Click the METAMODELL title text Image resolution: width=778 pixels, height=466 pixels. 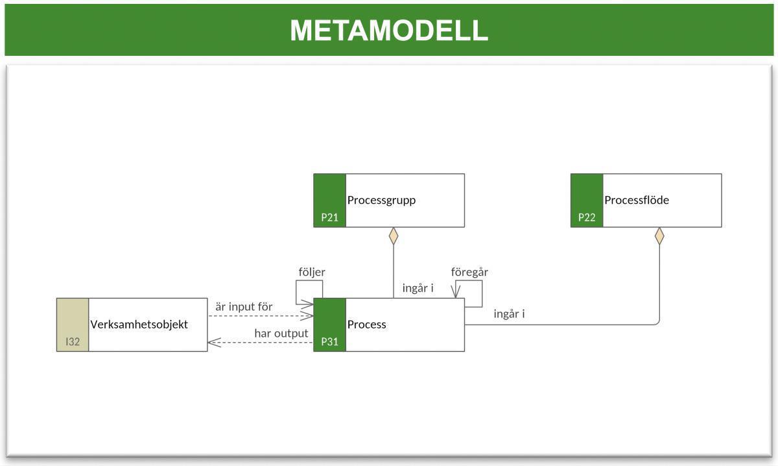click(x=388, y=31)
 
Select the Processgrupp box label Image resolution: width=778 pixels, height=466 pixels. click(x=381, y=200)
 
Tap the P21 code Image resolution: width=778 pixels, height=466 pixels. click(x=329, y=217)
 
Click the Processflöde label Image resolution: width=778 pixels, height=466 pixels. click(x=636, y=200)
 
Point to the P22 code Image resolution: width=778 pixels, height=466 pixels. click(x=587, y=217)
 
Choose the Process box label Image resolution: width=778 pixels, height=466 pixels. click(x=366, y=325)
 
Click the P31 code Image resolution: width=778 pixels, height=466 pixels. click(x=329, y=341)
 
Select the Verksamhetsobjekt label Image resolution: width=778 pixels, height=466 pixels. click(x=139, y=325)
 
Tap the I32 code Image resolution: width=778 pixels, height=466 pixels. click(x=73, y=341)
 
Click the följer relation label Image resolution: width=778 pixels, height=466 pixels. click(x=312, y=272)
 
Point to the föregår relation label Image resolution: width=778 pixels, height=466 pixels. click(x=469, y=272)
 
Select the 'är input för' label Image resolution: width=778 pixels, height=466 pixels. click(x=244, y=306)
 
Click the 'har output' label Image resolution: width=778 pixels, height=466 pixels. click(x=281, y=333)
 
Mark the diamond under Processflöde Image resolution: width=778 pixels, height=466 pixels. click(x=659, y=236)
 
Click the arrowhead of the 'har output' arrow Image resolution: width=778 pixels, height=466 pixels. click(x=212, y=342)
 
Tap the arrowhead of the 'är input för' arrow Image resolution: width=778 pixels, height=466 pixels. click(x=308, y=316)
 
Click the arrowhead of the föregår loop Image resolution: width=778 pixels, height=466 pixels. click(x=456, y=293)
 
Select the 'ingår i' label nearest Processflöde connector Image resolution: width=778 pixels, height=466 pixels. click(x=509, y=314)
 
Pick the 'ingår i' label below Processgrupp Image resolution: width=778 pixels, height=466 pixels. click(x=418, y=288)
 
